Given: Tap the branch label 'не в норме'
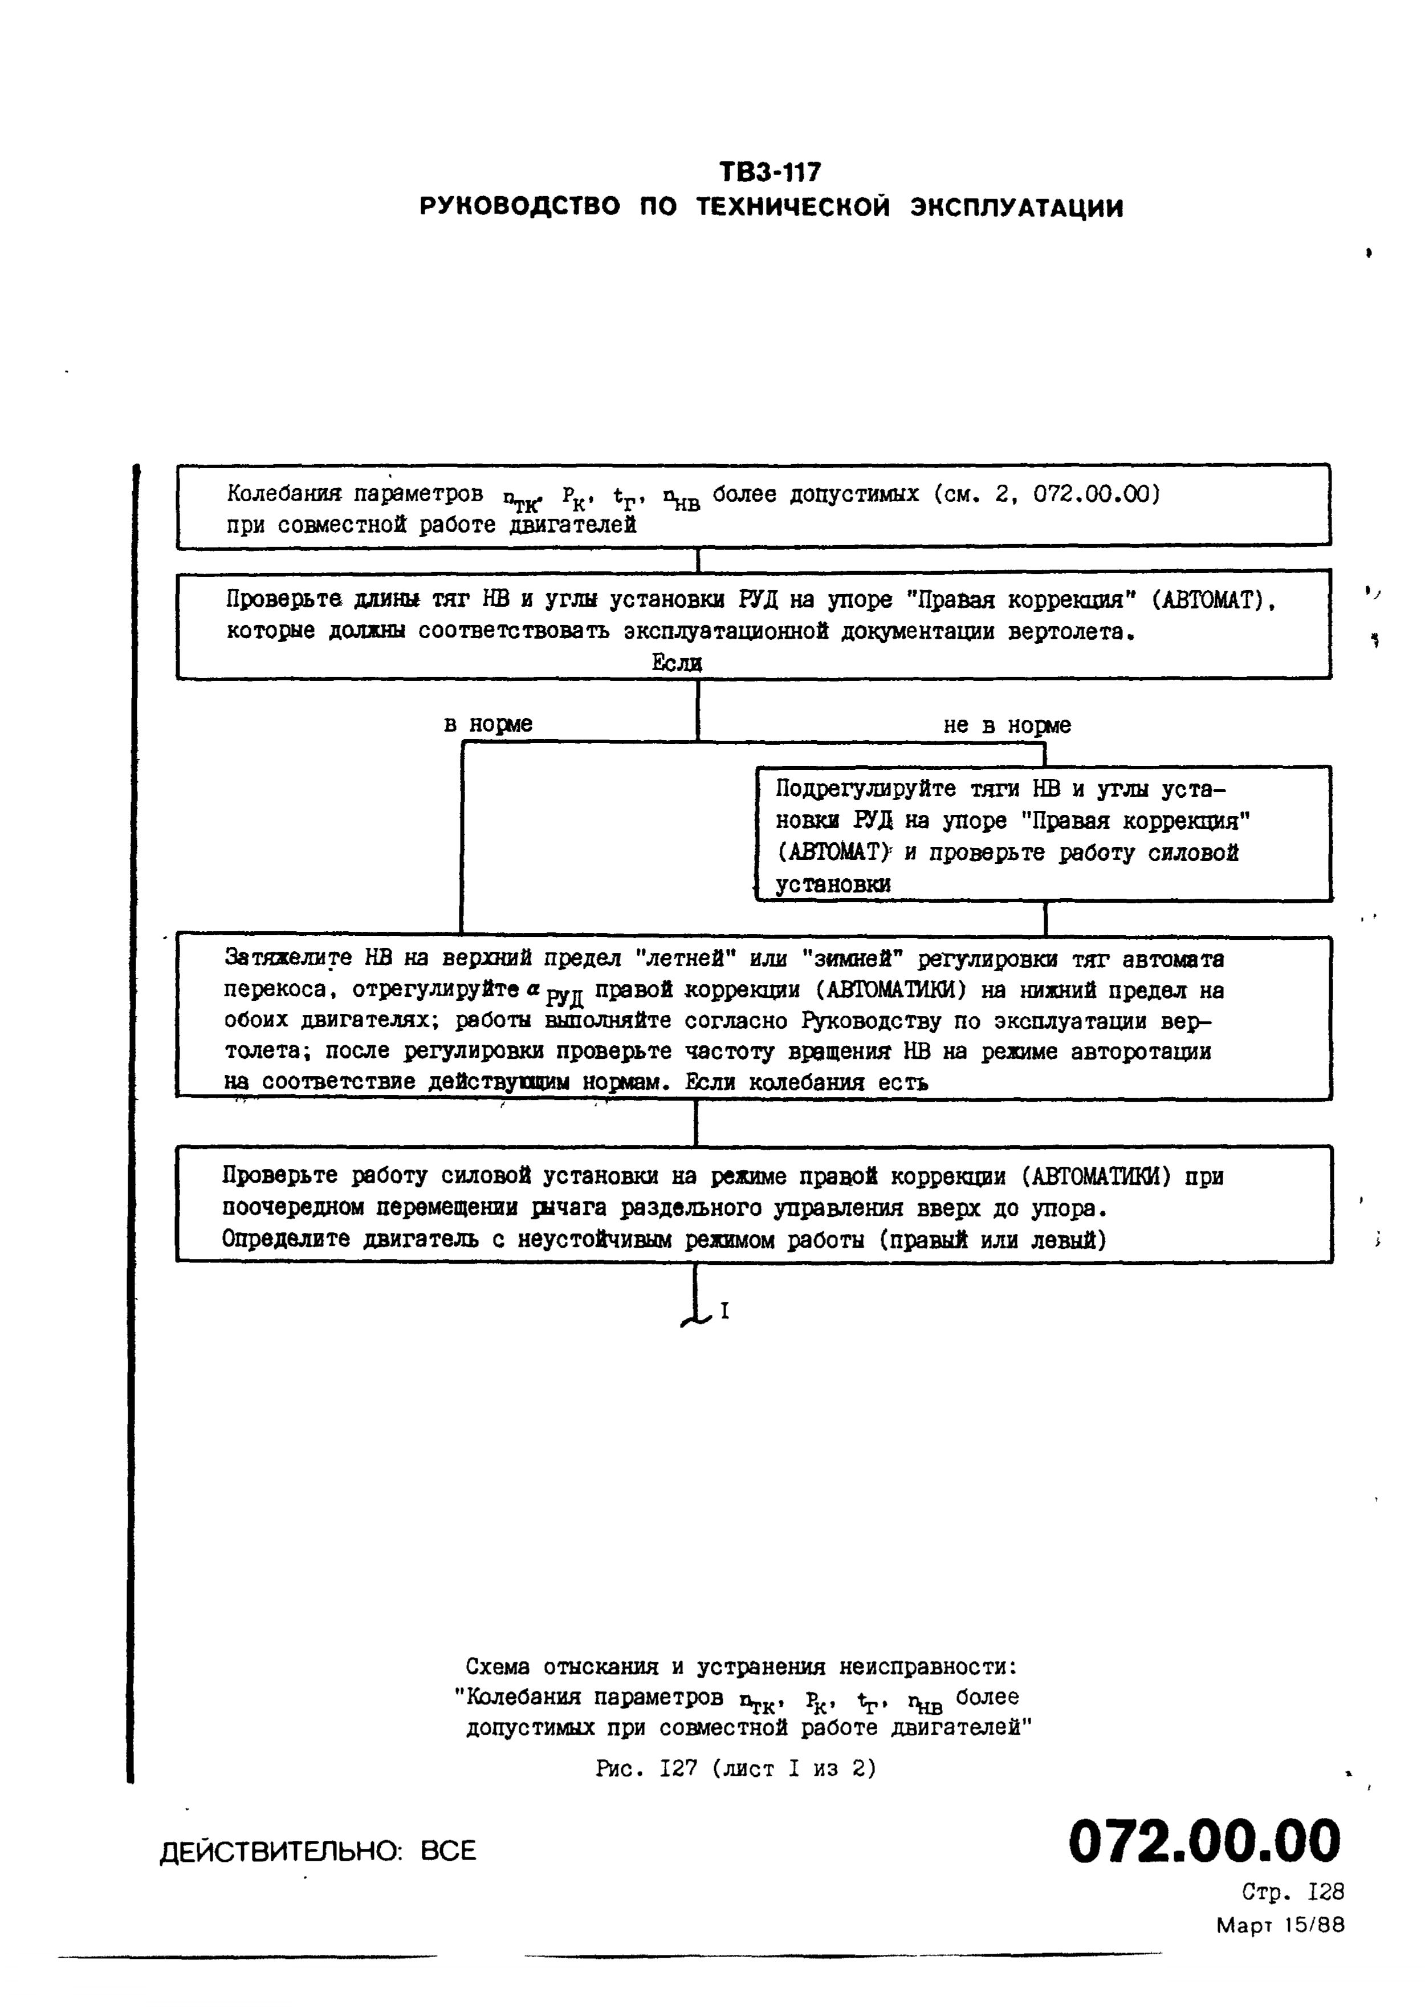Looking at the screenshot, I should pyautogui.click(x=1007, y=725).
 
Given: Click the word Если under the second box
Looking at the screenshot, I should pyautogui.click(x=677, y=664).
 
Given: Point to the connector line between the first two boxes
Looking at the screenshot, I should pyautogui.click(x=698, y=560).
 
